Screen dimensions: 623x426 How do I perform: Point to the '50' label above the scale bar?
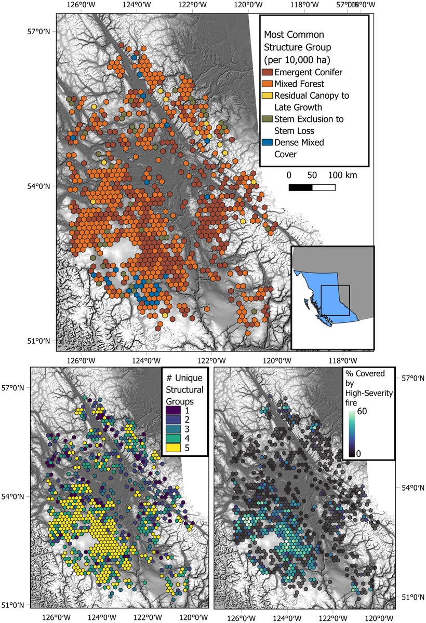(x=313, y=175)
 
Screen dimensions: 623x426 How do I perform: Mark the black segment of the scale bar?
(x=300, y=187)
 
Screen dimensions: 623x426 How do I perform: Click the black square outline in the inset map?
(x=335, y=300)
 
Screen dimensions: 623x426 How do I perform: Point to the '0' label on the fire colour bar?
(x=358, y=453)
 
